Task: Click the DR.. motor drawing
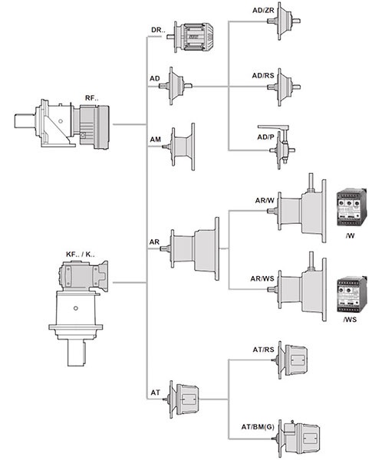point(189,37)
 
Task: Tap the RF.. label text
point(92,98)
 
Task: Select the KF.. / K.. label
point(81,255)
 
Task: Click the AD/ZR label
point(263,11)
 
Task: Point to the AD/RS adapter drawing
point(284,87)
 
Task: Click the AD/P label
point(265,137)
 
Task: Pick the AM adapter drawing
point(179,146)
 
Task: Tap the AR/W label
point(265,201)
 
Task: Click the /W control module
point(352,207)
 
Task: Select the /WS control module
point(352,295)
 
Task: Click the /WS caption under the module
point(350,320)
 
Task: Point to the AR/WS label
point(262,279)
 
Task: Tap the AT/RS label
point(263,350)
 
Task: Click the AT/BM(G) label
point(258,427)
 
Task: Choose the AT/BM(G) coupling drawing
point(296,439)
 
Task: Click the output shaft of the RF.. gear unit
point(25,121)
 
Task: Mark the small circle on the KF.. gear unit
point(76,308)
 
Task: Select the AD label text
point(155,79)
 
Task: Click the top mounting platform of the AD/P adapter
point(273,127)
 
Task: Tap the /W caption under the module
point(350,235)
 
